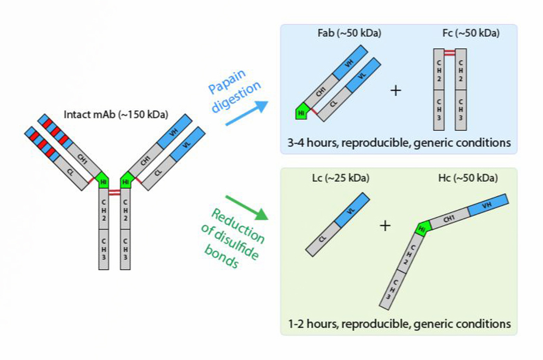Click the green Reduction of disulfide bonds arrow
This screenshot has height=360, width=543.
[247, 207]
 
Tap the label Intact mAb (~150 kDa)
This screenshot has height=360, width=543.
[116, 114]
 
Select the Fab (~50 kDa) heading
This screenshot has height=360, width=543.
[349, 33]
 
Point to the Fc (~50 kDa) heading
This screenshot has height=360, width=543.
[471, 33]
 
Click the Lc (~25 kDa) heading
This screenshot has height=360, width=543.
[340, 178]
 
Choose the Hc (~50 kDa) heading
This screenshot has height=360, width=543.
[468, 178]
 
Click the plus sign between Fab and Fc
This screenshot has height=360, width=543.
[395, 90]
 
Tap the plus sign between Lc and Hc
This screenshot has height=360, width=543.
[385, 226]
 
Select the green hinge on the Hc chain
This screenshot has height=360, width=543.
[422, 228]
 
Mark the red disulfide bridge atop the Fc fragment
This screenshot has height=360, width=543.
[449, 53]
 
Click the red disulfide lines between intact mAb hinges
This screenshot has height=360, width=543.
[114, 193]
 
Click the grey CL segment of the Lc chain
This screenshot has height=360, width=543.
[321, 239]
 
